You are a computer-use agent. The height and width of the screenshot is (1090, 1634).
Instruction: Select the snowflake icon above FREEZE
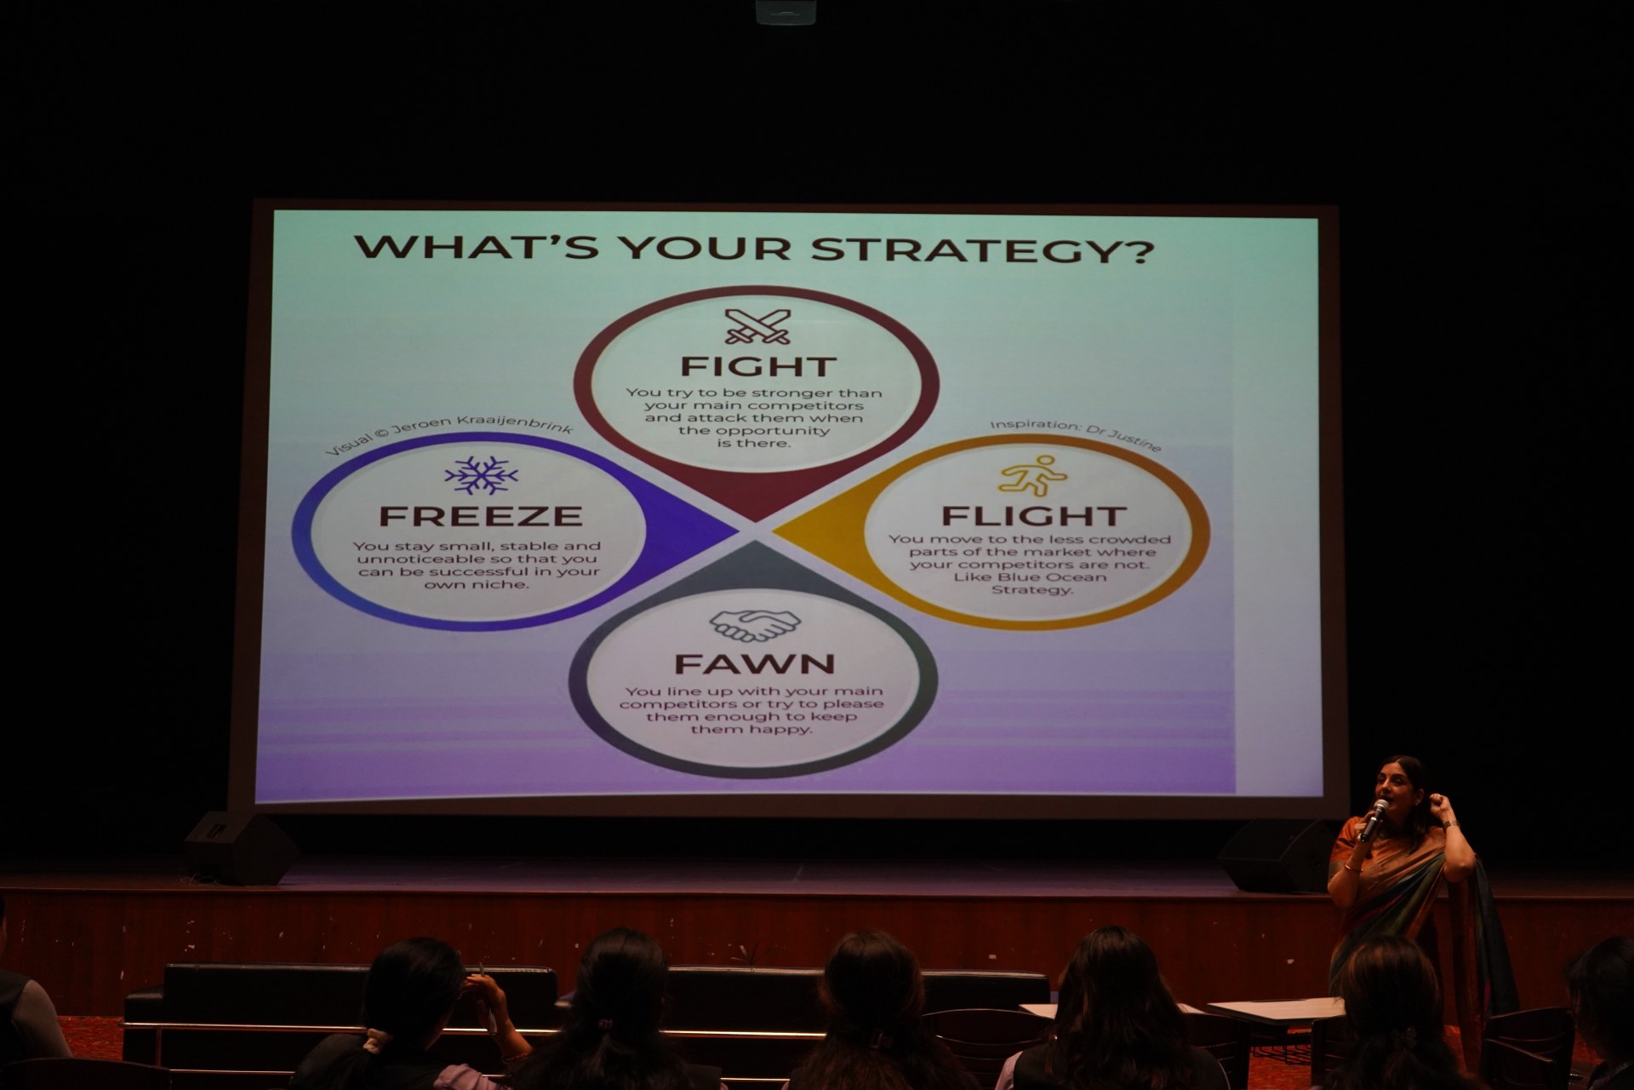pos(481,475)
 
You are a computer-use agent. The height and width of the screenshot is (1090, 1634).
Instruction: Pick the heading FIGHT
pos(757,367)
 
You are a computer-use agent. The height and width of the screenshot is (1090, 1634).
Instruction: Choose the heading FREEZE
pos(481,516)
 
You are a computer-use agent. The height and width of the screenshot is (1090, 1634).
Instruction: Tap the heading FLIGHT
pos(1033,516)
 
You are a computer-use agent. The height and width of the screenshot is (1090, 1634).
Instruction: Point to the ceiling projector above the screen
pos(786,11)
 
